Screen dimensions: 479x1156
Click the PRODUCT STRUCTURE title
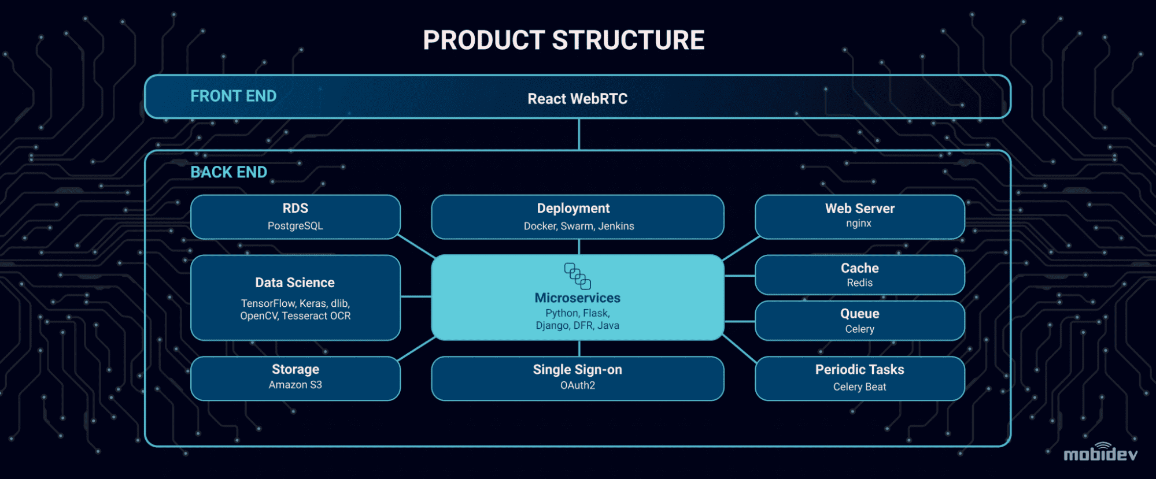[564, 40]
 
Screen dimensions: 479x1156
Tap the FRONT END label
[234, 96]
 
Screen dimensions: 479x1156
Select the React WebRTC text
[577, 99]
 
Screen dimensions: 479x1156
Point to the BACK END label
[229, 172]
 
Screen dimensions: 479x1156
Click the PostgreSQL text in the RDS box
[295, 226]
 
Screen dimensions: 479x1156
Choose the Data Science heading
[295, 283]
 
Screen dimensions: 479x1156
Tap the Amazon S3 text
[295, 385]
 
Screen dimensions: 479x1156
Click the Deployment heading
[573, 209]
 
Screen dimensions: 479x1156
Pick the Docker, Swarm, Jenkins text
[579, 226]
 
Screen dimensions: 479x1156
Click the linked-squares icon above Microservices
[577, 276]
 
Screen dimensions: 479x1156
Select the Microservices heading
[577, 298]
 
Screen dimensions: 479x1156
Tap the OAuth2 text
[577, 385]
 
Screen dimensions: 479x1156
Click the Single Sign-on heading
[577, 370]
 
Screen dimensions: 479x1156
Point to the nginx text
[859, 224]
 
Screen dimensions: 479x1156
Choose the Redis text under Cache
[859, 283]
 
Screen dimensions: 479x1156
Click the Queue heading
[859, 314]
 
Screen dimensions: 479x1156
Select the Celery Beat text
[859, 387]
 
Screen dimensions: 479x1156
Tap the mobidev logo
[1100, 453]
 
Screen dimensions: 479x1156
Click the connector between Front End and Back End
[579, 134]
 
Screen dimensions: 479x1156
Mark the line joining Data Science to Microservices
[416, 296]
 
